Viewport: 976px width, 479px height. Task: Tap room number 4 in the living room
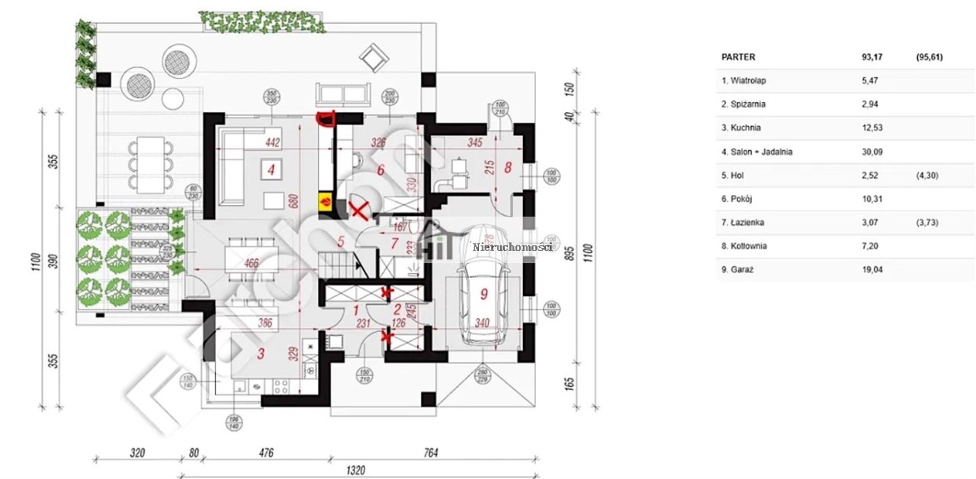[270, 169]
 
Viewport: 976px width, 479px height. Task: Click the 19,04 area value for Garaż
[872, 269]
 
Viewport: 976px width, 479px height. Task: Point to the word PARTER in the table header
[738, 56]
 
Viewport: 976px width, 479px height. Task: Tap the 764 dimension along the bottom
[431, 453]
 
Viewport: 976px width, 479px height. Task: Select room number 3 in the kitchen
[261, 353]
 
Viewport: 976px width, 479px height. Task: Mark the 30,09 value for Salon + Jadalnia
[872, 152]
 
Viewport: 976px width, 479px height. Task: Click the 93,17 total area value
[872, 56]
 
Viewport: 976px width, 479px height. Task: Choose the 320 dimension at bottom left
[137, 453]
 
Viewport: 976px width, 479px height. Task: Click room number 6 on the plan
[379, 169]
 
